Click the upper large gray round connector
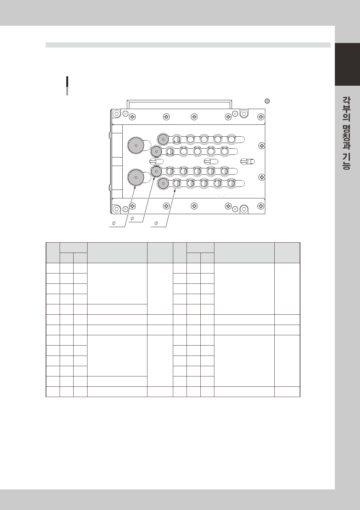(136, 145)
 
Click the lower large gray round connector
(136, 177)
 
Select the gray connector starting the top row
(163, 139)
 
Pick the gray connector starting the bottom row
(163, 183)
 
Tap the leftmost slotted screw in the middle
(153, 161)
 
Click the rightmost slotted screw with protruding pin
(244, 161)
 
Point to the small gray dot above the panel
(267, 101)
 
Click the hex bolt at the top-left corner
(117, 113)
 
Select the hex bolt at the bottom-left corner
(117, 209)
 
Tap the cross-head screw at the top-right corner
(261, 117)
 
